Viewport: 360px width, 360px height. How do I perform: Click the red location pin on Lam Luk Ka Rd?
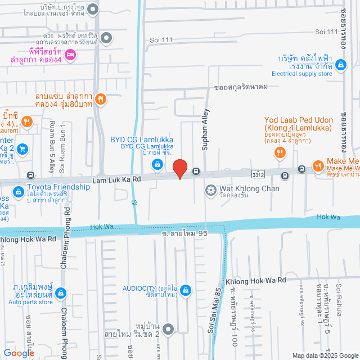coord(179,169)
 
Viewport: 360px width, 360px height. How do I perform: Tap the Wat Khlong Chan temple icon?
coord(210,190)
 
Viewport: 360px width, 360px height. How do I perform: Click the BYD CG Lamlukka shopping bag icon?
coord(157,164)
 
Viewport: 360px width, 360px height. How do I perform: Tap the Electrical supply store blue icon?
coord(341,65)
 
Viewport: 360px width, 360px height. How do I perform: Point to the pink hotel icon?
coord(70,54)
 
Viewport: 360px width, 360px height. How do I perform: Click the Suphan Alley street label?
coord(205,130)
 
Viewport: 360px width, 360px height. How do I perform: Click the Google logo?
coord(18,353)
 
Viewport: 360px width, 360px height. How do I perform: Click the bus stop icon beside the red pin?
coord(196,171)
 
